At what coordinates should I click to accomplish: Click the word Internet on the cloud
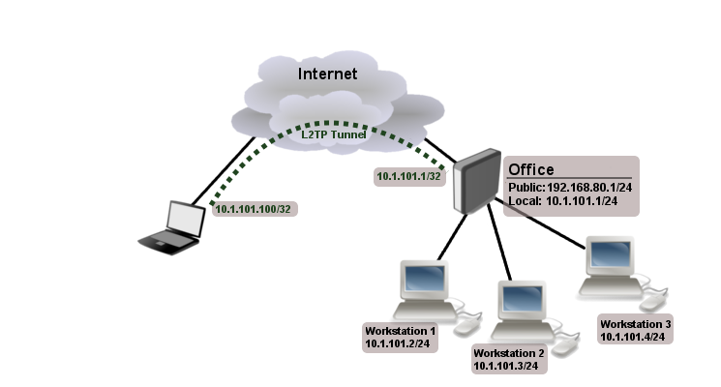coord(327,74)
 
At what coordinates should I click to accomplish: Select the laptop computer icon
coord(172,228)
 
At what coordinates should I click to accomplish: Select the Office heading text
coord(531,169)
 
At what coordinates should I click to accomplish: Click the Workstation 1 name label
coord(401,330)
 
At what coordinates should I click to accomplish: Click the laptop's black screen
coord(185,219)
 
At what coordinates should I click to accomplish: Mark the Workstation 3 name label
coord(635,323)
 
